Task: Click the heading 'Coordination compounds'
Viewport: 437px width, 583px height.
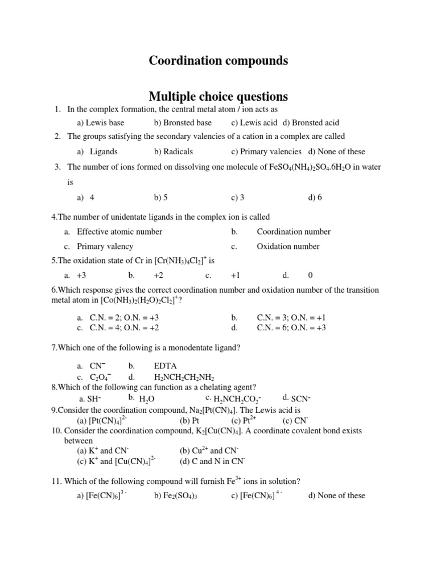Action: click(x=218, y=60)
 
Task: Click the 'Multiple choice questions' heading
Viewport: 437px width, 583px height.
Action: click(x=218, y=96)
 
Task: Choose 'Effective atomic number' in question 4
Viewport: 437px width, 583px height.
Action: click(x=119, y=232)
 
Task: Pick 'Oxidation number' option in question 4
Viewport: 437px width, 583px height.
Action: click(x=288, y=247)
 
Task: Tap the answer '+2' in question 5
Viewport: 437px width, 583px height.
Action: click(x=158, y=275)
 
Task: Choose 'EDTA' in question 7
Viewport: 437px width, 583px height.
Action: click(x=165, y=366)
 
